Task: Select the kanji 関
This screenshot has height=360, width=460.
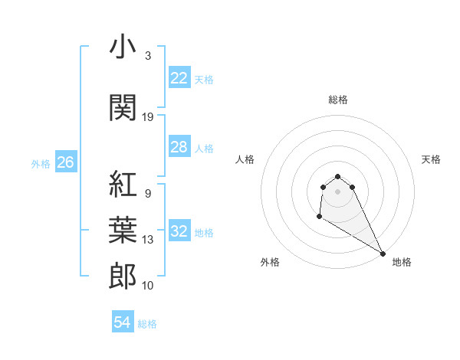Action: [123, 107]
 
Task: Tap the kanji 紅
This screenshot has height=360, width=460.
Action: [123, 185]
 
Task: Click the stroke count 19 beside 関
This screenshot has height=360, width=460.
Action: [148, 117]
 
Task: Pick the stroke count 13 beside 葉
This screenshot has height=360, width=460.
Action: [148, 240]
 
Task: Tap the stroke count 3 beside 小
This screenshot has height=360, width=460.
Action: [147, 56]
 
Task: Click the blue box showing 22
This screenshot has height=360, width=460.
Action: [179, 78]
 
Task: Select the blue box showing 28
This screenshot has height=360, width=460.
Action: [179, 147]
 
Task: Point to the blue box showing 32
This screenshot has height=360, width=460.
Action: [179, 231]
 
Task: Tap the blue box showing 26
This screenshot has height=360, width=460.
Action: [65, 162]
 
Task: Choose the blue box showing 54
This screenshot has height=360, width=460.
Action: [122, 323]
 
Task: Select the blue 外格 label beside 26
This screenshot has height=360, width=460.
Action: [41, 163]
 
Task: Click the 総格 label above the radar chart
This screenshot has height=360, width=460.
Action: [337, 100]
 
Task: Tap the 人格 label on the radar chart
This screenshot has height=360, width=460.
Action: [245, 159]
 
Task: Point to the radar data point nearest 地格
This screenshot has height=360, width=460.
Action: [383, 253]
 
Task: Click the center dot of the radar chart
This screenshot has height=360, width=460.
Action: [337, 191]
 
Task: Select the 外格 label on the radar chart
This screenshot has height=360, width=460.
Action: [269, 262]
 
